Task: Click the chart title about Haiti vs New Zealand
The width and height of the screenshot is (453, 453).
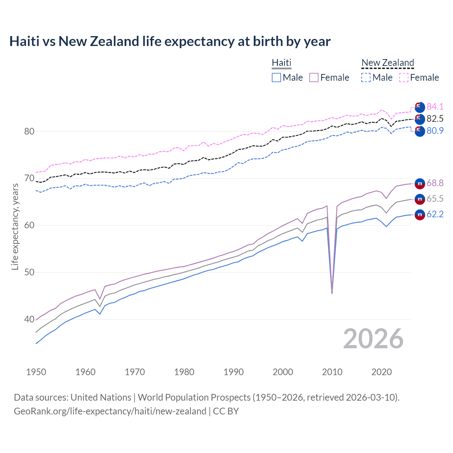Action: [170, 41]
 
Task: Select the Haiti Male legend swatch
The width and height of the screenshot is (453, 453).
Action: [276, 78]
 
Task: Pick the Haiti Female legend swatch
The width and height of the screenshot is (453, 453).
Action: [314, 78]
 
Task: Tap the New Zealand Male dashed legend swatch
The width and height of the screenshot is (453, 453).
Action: [366, 78]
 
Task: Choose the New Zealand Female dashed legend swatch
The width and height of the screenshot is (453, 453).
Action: [404, 78]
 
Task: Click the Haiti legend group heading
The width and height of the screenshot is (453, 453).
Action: [281, 63]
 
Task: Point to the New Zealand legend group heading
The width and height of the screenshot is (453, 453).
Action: [388, 63]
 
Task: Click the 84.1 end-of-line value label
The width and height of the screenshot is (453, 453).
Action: [435, 107]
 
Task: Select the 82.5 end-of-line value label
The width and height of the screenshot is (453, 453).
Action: [435, 119]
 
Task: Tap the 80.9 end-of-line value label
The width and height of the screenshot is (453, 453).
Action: [435, 131]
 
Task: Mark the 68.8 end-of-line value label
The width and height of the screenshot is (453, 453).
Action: [435, 183]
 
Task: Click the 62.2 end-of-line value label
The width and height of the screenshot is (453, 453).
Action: [435, 214]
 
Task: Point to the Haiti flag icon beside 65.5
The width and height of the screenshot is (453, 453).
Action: [420, 199]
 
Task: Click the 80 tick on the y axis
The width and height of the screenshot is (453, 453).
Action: [29, 131]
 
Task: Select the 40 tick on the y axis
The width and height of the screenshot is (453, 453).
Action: [29, 320]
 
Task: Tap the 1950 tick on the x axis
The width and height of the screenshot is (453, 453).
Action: [36, 372]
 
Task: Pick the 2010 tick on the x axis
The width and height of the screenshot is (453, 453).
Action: [332, 372]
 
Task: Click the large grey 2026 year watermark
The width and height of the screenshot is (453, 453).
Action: [373, 339]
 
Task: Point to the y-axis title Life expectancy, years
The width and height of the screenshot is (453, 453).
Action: [15, 226]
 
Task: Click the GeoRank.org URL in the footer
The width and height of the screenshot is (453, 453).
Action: [110, 411]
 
